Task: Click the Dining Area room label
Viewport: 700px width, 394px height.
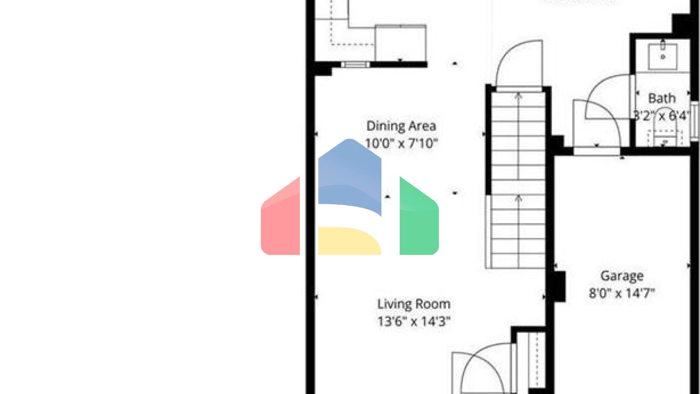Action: [401, 126]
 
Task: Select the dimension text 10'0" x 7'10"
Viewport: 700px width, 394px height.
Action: [401, 144]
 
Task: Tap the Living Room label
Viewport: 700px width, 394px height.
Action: [413, 304]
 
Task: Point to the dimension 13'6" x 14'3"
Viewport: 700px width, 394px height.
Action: [413, 321]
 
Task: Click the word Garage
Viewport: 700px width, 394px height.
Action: [622, 276]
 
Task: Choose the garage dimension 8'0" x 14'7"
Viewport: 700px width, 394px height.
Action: [622, 293]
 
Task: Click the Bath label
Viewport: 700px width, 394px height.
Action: [662, 98]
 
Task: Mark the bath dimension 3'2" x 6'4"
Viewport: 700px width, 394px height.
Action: [662, 116]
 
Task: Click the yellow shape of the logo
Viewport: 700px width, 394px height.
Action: [349, 241]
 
